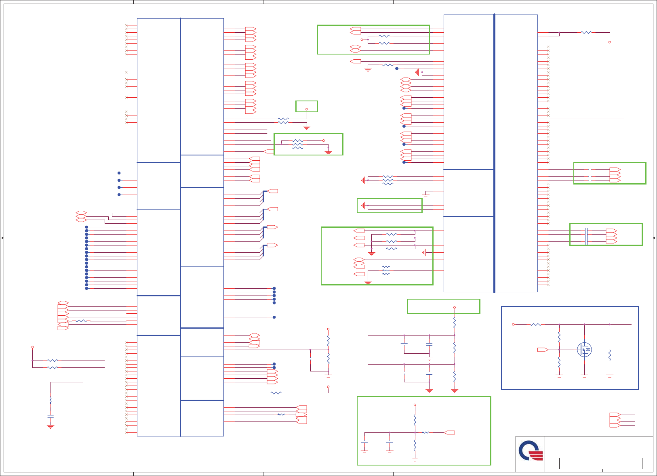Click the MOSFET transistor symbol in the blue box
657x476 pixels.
(x=584, y=350)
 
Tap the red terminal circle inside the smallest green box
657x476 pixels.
(x=307, y=109)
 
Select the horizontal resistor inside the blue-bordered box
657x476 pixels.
(x=536, y=324)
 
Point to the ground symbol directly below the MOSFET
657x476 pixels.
(x=584, y=376)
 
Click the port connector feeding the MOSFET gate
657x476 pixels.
(x=543, y=350)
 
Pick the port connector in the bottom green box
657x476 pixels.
(x=449, y=432)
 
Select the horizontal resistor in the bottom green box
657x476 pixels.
(x=426, y=432)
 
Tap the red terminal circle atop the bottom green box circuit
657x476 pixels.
(x=415, y=405)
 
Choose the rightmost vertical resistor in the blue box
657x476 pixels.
(x=610, y=355)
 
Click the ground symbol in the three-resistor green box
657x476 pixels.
(x=328, y=152)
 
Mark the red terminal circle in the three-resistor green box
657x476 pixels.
(x=324, y=140)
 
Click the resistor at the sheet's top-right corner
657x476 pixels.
(x=586, y=32)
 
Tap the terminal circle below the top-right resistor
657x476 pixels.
(x=610, y=42)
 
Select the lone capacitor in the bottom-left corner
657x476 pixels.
(x=51, y=415)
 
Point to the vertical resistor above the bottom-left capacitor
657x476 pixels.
(x=51, y=400)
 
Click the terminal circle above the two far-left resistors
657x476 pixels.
(x=32, y=347)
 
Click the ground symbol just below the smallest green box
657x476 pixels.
(x=307, y=128)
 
